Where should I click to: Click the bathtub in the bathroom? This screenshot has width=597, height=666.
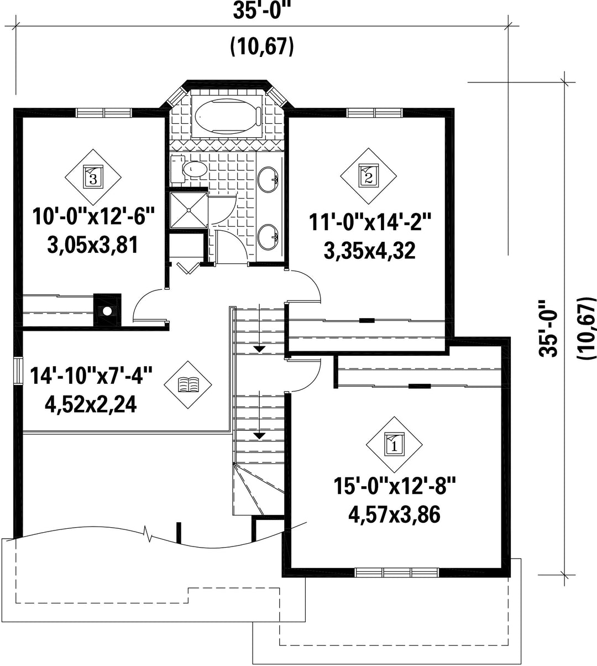click(227, 116)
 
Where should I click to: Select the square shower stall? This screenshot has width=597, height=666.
click(188, 210)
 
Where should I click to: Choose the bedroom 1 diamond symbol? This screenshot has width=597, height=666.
click(394, 445)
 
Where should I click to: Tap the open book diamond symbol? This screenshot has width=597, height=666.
click(188, 385)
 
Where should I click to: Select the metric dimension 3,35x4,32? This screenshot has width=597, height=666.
click(369, 251)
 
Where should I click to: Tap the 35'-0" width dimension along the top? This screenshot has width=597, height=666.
click(262, 11)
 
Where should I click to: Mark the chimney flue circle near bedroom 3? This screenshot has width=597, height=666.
click(107, 311)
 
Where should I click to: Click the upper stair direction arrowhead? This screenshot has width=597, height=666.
click(260, 349)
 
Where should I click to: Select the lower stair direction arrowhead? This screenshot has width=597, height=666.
click(260, 436)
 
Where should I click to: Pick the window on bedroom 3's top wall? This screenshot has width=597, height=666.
click(103, 113)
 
